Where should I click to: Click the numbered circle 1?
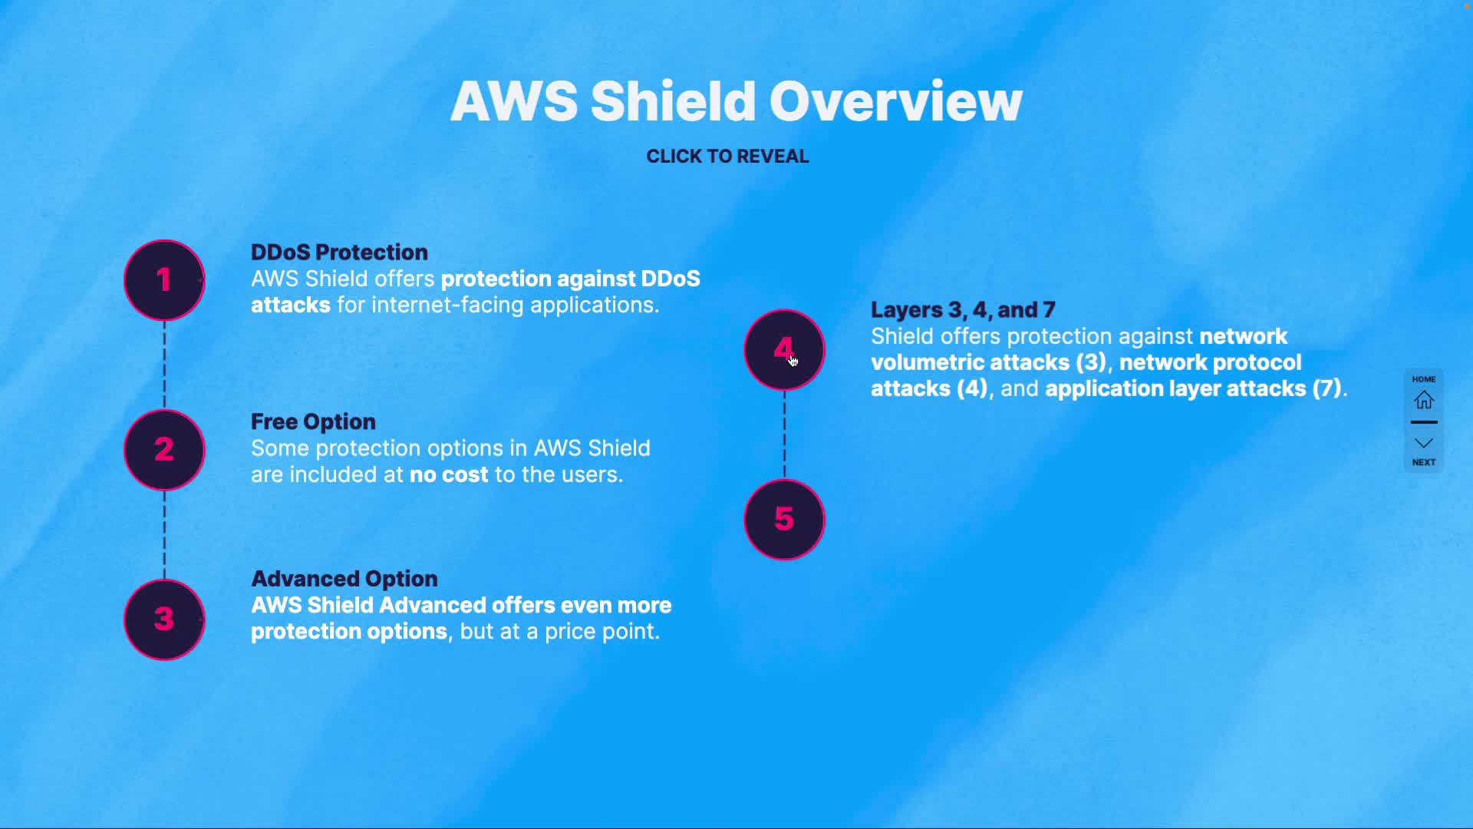[x=164, y=280]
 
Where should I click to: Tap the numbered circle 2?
[x=164, y=450]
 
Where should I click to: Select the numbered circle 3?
[x=164, y=619]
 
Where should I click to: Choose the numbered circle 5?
[x=784, y=520]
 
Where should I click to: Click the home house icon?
[x=1424, y=400]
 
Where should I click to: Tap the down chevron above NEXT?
[x=1424, y=444]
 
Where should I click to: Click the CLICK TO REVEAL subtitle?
[x=727, y=157]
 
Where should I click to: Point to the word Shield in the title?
[x=673, y=101]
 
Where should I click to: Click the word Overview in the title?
[x=895, y=101]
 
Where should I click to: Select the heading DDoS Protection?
[x=339, y=253]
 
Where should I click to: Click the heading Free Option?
[x=313, y=422]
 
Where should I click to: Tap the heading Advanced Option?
[x=344, y=579]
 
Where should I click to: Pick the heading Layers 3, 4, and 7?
[x=963, y=310]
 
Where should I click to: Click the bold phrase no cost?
[x=449, y=475]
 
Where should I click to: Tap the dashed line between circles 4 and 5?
[x=784, y=434]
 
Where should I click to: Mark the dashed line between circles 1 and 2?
[x=164, y=365]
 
